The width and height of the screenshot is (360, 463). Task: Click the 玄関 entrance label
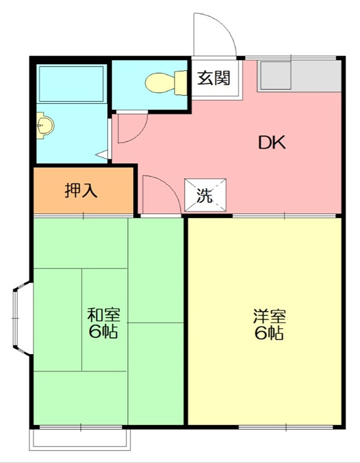click(214, 78)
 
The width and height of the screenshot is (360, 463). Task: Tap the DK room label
click(271, 143)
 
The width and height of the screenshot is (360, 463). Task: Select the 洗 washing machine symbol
click(205, 196)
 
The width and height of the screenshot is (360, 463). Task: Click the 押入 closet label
click(81, 190)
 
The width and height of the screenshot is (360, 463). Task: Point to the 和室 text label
click(104, 316)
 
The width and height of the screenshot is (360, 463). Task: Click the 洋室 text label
click(269, 317)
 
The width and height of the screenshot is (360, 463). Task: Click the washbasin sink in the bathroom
click(45, 125)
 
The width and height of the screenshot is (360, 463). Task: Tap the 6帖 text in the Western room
click(269, 333)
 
